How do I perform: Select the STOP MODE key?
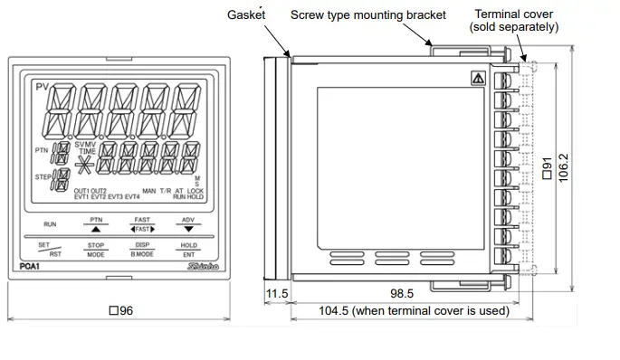(96, 250)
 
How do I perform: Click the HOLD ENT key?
(188, 250)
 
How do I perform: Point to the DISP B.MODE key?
(142, 250)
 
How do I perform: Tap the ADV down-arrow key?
(188, 225)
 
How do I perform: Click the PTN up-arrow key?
(96, 225)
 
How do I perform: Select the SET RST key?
(50, 250)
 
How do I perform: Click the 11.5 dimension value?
(276, 294)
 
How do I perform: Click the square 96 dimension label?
(120, 311)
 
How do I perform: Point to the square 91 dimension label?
(546, 168)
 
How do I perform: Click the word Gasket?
(249, 15)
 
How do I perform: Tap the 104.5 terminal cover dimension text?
(414, 311)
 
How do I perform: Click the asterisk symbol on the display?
(86, 166)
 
